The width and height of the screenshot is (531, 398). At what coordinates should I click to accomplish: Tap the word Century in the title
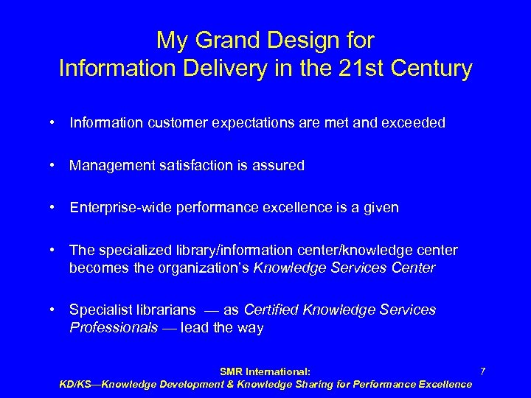pyautogui.click(x=431, y=69)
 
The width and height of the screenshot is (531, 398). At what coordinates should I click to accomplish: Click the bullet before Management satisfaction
pyautogui.click(x=56, y=165)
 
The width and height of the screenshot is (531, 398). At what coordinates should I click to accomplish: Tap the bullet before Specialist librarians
pyautogui.click(x=56, y=310)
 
